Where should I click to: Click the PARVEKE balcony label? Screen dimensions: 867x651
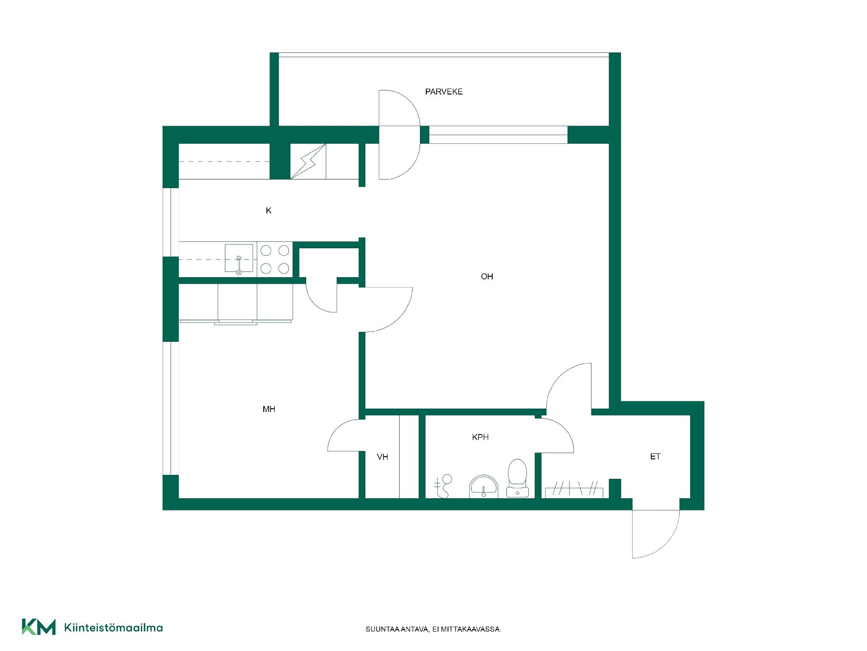pos(444,92)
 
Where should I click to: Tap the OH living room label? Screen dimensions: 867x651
pos(487,277)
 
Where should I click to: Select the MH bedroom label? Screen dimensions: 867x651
pos(269,409)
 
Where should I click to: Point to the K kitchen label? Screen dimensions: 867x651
pos(269,211)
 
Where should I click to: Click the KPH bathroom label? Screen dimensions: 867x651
pos(480,437)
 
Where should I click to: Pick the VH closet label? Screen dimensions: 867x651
pos(382,457)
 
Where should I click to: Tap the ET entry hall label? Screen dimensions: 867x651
pos(655,457)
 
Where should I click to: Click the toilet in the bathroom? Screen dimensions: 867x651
pos(517,478)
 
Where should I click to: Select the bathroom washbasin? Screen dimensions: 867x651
pos(484,486)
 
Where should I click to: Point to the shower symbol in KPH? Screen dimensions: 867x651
pos(443,486)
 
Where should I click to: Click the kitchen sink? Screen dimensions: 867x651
pos(239,259)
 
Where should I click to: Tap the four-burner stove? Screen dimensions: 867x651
pos(275,259)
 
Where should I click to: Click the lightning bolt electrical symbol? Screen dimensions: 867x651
pos(308,161)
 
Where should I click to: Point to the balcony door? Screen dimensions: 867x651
pos(400,135)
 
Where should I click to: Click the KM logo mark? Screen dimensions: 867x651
pos(39,627)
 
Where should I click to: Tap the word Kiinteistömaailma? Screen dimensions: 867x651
pos(114,627)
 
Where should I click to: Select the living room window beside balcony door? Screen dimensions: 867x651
pos(498,135)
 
